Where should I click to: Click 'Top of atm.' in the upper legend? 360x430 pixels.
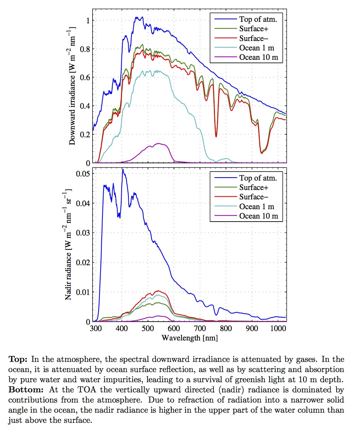click(x=258, y=19)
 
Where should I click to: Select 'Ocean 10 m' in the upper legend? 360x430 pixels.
click(x=258, y=57)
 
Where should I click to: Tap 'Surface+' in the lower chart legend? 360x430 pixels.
click(x=253, y=188)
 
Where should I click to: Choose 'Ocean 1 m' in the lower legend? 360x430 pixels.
click(x=256, y=207)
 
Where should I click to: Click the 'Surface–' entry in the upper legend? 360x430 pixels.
click(x=253, y=38)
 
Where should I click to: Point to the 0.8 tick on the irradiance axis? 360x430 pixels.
click(x=85, y=49)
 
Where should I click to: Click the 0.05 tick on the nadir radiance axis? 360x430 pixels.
click(x=83, y=173)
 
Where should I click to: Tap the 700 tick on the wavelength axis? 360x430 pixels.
click(x=200, y=328)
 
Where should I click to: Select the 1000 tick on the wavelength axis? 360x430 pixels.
click(x=278, y=328)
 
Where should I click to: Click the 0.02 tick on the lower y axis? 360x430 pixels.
click(x=83, y=263)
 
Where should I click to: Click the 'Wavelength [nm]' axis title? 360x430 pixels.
click(x=190, y=338)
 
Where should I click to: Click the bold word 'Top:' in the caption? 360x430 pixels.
click(x=18, y=359)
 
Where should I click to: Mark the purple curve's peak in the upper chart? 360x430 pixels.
click(x=159, y=143)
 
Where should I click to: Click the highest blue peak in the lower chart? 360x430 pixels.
click(x=123, y=169)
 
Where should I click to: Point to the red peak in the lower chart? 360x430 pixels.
click(x=158, y=291)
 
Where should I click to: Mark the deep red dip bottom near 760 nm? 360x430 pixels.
click(x=216, y=136)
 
